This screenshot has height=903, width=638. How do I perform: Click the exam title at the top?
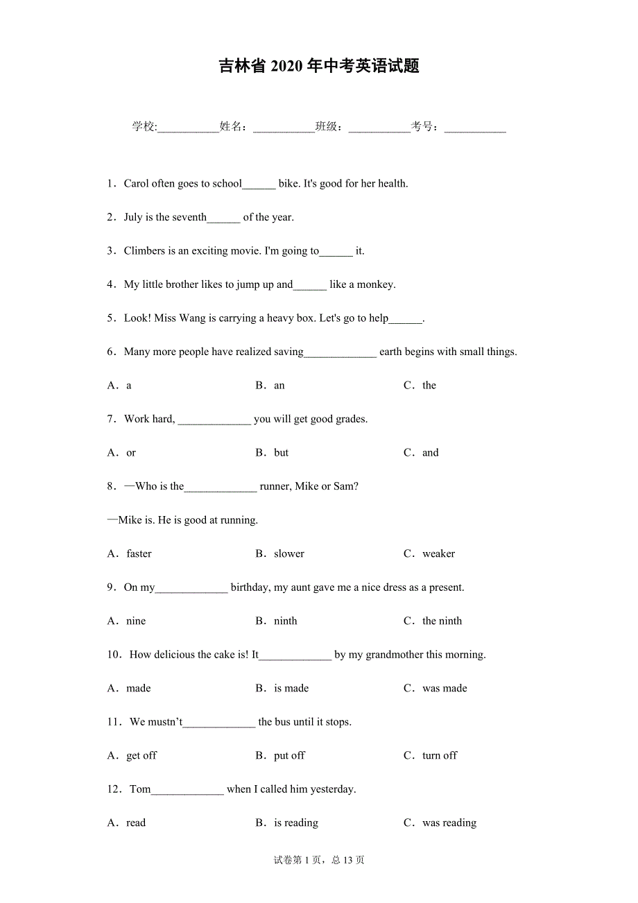[x=319, y=67]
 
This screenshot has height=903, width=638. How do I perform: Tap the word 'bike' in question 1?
[x=288, y=184]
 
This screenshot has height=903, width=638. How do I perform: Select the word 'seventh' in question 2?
[x=189, y=217]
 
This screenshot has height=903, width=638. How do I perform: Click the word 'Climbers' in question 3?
[x=144, y=251]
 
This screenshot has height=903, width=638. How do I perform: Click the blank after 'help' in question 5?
[x=406, y=319]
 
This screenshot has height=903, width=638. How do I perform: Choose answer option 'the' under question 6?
[x=429, y=386]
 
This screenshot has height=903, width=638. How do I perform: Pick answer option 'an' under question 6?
[x=279, y=386]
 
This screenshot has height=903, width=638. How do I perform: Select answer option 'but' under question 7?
[x=281, y=453]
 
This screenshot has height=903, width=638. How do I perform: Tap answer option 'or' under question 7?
[x=131, y=453]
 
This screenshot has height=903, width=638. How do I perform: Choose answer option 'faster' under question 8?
[x=139, y=553]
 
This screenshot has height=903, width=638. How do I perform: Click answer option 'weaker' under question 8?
[x=438, y=553]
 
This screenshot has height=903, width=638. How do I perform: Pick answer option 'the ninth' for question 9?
[x=442, y=621]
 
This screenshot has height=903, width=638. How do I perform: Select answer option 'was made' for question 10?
[x=445, y=688]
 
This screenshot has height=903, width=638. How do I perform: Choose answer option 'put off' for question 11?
[x=289, y=755]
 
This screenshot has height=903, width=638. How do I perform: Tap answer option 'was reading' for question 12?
[x=449, y=823]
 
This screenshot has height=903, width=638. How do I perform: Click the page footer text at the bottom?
[x=319, y=860]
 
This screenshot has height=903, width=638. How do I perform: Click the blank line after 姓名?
[x=284, y=127]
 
